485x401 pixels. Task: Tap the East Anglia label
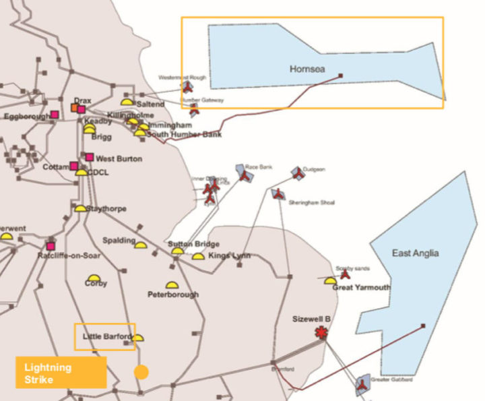(415, 253)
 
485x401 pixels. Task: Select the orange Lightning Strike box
(61, 372)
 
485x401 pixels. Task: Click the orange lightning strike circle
(141, 371)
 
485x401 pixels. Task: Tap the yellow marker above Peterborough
(172, 285)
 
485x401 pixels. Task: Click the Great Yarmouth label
(361, 288)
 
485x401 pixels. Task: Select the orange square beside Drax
(74, 109)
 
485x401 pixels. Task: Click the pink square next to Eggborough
(55, 115)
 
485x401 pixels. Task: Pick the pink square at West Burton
(89, 157)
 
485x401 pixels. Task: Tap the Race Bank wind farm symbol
(244, 175)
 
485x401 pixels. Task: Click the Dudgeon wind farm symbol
(297, 174)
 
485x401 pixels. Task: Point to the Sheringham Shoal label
(311, 202)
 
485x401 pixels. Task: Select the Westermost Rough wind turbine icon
(188, 87)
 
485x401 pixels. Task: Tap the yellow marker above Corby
(94, 278)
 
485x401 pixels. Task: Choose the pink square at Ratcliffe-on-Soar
(51, 246)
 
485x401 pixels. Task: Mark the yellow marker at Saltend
(127, 102)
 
